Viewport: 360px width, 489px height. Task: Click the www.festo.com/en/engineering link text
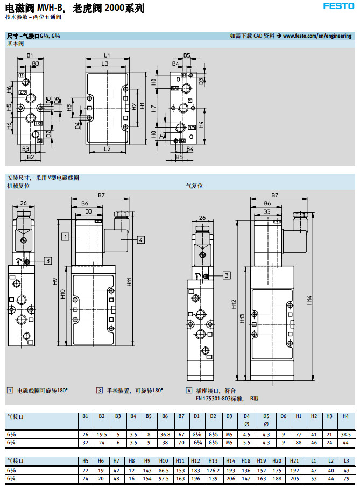pyautogui.click(x=317, y=36)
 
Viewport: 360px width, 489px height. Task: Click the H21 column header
pyautogui.click(x=294, y=461)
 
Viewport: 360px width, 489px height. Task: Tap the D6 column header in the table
pyautogui.click(x=283, y=416)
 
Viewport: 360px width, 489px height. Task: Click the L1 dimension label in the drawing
pyautogui.click(x=107, y=55)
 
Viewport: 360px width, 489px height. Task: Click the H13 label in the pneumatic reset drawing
pyautogui.click(x=242, y=318)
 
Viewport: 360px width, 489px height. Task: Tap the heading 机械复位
pyautogui.click(x=18, y=186)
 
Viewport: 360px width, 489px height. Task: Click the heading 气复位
pyautogui.click(x=194, y=186)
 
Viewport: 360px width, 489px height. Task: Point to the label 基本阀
pyautogui.click(x=15, y=44)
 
